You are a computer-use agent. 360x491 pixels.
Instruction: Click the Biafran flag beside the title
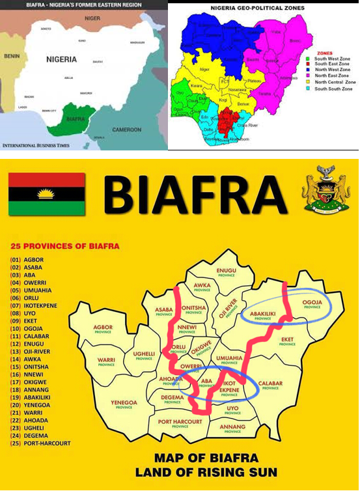[x=47, y=194]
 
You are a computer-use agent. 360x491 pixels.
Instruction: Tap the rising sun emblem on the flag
[x=47, y=193]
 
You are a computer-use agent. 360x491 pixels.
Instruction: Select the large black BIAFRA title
[x=195, y=195]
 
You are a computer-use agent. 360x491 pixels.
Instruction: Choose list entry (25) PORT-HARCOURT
[x=40, y=443]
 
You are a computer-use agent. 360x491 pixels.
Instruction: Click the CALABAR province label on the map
[x=270, y=384]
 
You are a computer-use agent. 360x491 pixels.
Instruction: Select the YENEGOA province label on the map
[x=124, y=403]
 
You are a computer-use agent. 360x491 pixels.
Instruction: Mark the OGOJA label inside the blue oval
[x=312, y=303]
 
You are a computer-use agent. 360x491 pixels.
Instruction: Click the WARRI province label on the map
[x=107, y=360]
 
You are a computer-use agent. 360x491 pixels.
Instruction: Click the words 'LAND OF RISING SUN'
[x=206, y=472]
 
